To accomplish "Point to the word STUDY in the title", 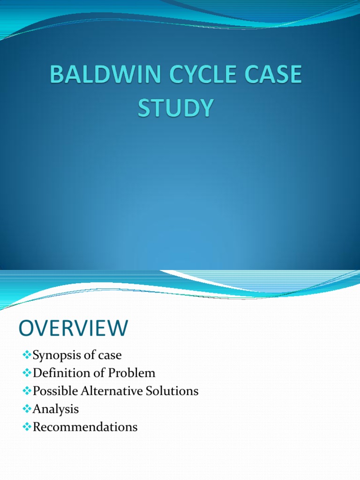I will click(x=175, y=107).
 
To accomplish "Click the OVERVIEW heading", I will click(x=73, y=328).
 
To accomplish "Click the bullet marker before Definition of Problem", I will click(x=27, y=373).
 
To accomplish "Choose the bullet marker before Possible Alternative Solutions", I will click(x=27, y=391).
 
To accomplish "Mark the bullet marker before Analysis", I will click(x=27, y=409).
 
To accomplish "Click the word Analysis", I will click(x=56, y=409).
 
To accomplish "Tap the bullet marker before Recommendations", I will click(x=27, y=427).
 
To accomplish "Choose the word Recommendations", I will click(x=85, y=427).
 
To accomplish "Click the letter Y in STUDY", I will click(x=205, y=107).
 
